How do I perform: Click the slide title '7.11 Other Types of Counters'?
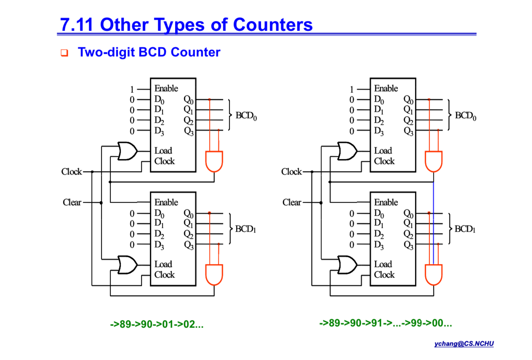186,24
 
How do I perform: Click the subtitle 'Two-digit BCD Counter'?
149,53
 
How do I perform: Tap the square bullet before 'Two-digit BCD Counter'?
64,53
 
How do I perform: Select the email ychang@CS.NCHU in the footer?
464,344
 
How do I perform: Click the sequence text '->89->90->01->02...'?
157,324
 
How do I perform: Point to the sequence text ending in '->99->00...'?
386,323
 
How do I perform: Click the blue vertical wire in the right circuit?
434,219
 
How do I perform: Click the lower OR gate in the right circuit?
347,265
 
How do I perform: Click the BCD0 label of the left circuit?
246,116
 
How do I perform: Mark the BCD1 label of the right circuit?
465,229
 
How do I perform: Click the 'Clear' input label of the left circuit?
72,202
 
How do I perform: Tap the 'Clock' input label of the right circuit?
291,172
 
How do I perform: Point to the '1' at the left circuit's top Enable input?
132,89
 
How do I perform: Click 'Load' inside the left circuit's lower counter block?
163,264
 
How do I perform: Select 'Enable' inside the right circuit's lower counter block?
386,202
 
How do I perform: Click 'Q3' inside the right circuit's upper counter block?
408,131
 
